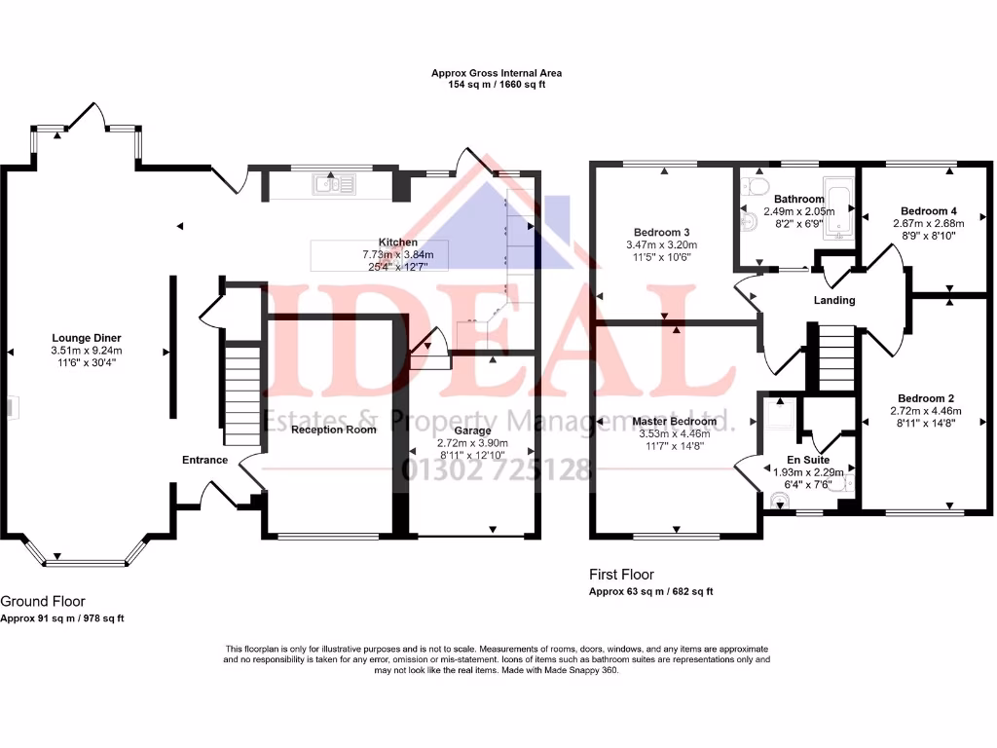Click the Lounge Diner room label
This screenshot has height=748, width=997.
(x=87, y=338)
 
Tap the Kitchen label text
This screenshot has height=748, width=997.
(x=397, y=243)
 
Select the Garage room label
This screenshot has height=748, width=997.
(x=471, y=430)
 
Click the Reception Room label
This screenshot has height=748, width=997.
(x=333, y=430)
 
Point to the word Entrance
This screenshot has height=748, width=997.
(x=204, y=460)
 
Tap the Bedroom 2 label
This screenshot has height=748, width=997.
(x=925, y=398)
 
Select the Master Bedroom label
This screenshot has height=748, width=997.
(x=673, y=422)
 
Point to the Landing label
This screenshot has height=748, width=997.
(x=834, y=300)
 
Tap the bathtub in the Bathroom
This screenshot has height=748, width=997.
(x=838, y=199)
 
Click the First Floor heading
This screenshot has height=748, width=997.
(x=621, y=575)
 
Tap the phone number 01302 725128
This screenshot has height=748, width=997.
(x=497, y=469)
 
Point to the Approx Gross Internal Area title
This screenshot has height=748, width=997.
(x=497, y=73)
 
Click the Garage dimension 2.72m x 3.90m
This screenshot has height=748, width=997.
(x=471, y=442)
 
